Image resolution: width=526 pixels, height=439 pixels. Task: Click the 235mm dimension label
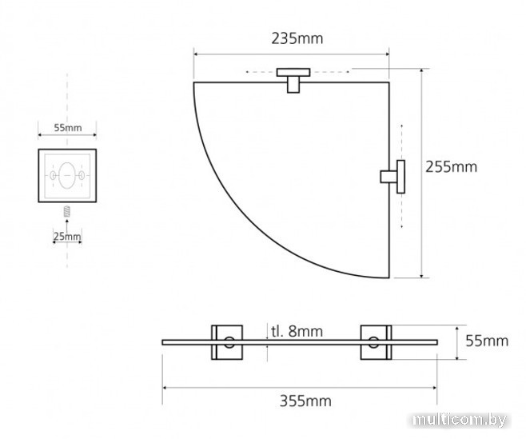[297, 38]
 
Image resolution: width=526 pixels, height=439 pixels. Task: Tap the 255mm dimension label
[451, 167]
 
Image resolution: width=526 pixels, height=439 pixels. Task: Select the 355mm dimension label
[305, 401]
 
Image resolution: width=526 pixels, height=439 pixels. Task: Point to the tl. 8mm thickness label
[297, 331]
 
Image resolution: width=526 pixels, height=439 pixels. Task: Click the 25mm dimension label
[67, 237]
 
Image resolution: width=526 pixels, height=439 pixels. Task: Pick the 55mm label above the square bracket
[68, 128]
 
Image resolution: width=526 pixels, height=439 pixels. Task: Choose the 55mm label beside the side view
[487, 341]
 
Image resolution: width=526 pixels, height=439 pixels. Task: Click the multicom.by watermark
[460, 420]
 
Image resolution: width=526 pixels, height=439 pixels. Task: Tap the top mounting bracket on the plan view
[293, 80]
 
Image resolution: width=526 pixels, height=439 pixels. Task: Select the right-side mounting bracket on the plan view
[393, 177]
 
